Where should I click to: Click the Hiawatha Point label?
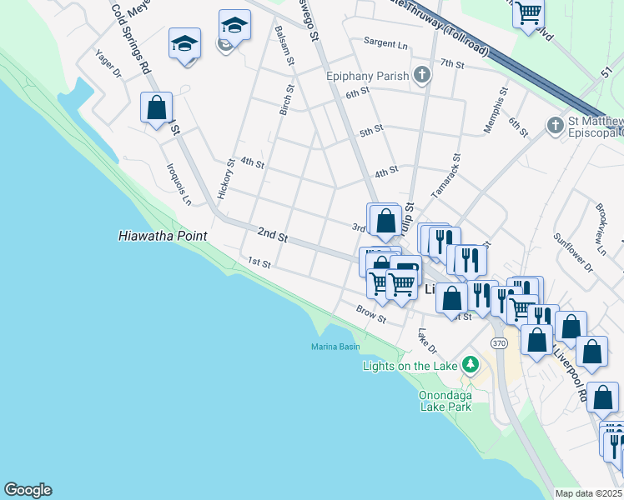pyautogui.click(x=162, y=237)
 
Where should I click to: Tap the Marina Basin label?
pyautogui.click(x=335, y=347)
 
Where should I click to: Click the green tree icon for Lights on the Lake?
pyautogui.click(x=471, y=365)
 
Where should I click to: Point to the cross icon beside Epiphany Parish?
pyautogui.click(x=422, y=76)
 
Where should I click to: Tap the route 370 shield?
pyautogui.click(x=499, y=342)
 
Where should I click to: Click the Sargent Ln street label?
pyautogui.click(x=385, y=43)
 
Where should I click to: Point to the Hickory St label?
pyautogui.click(x=222, y=178)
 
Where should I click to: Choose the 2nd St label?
pyautogui.click(x=272, y=236)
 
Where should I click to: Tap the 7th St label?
pyautogui.click(x=451, y=63)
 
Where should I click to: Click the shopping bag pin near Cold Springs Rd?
pyautogui.click(x=156, y=108)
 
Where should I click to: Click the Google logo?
pyautogui.click(x=28, y=490)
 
